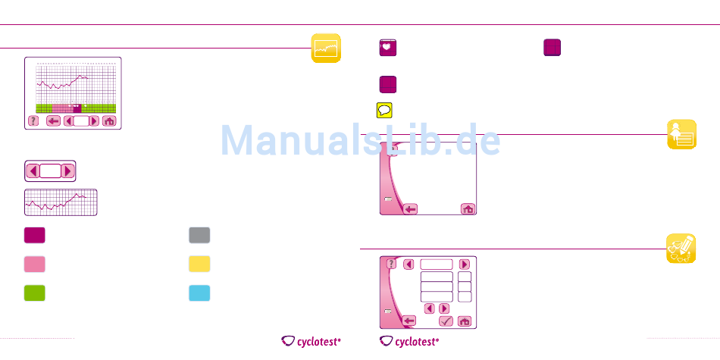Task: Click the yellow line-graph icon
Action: [326, 49]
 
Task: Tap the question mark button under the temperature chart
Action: [33, 121]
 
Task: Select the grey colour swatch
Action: [199, 235]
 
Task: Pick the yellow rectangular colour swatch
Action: [199, 264]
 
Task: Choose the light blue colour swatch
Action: [199, 293]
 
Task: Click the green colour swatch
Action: [34, 293]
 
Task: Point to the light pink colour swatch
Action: [34, 264]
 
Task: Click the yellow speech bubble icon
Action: [385, 110]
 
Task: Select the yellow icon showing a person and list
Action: [681, 134]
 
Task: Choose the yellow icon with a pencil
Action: [681, 248]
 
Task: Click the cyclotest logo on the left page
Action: [311, 341]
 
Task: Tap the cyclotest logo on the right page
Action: [409, 341]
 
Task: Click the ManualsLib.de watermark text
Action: [360, 140]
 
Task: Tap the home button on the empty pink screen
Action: [468, 208]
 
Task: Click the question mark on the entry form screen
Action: [391, 265]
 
